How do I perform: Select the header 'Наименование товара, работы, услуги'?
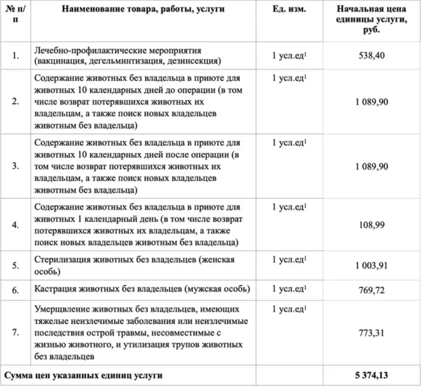[143, 10]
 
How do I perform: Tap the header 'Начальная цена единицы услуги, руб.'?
[372, 20]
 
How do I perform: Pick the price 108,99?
[372, 224]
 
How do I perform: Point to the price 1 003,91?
[372, 266]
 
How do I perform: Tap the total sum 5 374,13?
[372, 375]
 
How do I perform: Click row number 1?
[16, 55]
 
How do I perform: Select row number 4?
[16, 224]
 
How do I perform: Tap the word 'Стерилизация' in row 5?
[61, 260]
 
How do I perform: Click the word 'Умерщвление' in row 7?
[61, 310]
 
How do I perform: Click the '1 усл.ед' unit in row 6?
[289, 288]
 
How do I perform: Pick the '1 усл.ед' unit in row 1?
[289, 55]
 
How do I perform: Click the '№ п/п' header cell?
[16, 15]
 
